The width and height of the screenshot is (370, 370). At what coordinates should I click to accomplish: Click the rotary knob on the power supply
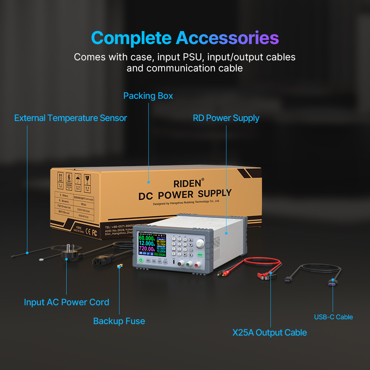(200, 243)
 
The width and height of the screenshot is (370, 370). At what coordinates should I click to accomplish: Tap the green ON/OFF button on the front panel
(141, 260)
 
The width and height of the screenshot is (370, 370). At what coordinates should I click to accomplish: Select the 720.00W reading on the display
(147, 249)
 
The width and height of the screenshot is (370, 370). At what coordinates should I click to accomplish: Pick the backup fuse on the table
(119, 266)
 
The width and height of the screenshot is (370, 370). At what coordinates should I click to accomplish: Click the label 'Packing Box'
(148, 96)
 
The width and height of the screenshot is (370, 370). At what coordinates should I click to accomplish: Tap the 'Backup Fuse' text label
(119, 321)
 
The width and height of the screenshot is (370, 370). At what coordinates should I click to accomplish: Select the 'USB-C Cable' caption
(333, 317)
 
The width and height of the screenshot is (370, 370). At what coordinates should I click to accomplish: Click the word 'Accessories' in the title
(227, 38)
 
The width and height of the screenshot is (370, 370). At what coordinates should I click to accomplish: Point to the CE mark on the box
(88, 232)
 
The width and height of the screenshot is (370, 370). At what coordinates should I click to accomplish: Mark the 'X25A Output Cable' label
(269, 332)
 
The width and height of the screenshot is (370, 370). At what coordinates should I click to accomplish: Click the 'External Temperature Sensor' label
(70, 118)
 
